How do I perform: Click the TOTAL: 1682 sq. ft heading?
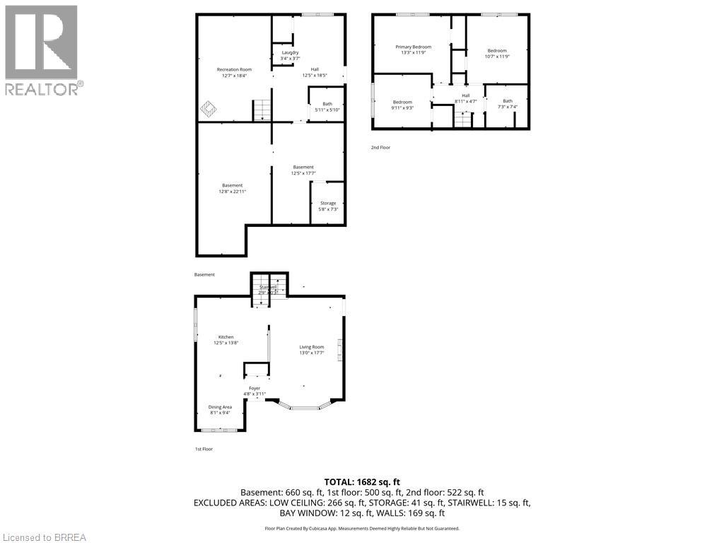click(x=362, y=481)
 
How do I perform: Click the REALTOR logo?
click(x=42, y=49)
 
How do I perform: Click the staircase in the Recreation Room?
click(x=262, y=110)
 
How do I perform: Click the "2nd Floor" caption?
click(x=380, y=148)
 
